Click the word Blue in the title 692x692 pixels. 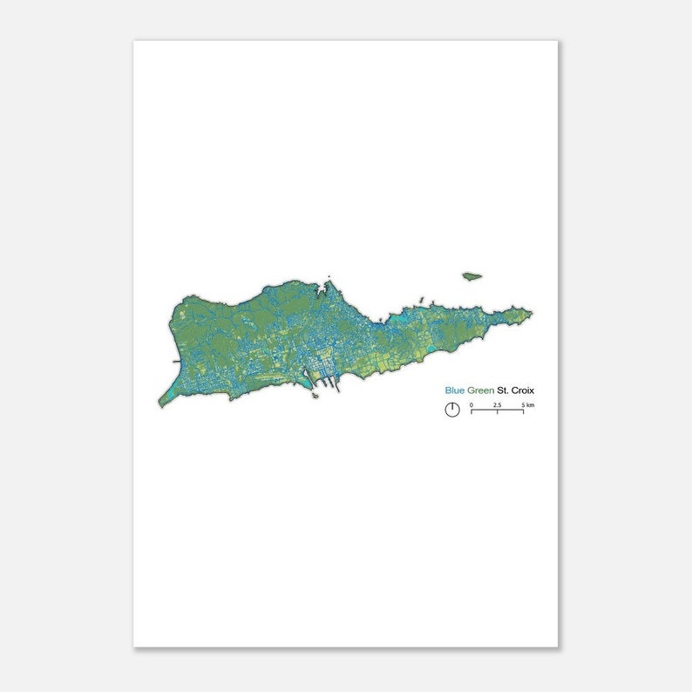coord(455,391)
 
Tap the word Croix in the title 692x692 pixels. coord(523,391)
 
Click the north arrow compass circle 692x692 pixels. coord(452,410)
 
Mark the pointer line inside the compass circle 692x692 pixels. coord(452,406)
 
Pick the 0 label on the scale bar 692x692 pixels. coord(472,405)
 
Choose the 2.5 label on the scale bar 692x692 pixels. coord(497,405)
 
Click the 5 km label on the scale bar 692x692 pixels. coord(528,405)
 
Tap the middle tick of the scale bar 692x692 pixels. coord(497,410)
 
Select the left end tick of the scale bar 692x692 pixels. coord(472,410)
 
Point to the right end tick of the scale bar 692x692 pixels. coord(523,410)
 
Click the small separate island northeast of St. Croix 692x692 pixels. coord(472,276)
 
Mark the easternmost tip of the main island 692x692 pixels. coord(532,314)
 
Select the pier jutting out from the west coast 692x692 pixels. coord(177,360)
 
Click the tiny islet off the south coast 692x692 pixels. coord(314,396)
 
